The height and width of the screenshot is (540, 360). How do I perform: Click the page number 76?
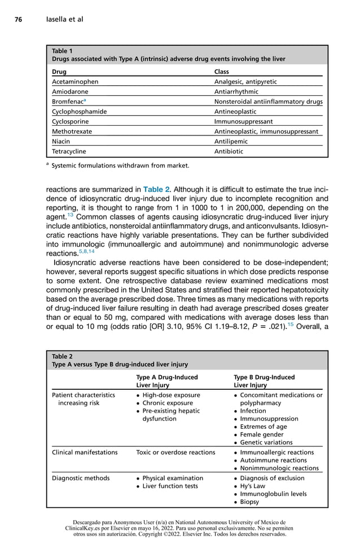click(18, 20)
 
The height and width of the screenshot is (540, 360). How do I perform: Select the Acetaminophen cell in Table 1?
click(75, 82)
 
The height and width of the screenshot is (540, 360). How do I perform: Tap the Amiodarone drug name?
click(71, 91)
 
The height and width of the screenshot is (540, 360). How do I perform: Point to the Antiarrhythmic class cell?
click(236, 91)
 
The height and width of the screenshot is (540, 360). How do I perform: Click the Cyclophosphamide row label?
click(79, 112)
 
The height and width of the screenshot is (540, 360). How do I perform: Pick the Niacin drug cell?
click(61, 141)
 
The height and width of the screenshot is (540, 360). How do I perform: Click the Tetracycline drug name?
click(69, 151)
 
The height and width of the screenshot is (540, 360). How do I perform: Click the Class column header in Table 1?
click(222, 72)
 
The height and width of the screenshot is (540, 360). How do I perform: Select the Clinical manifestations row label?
click(85, 452)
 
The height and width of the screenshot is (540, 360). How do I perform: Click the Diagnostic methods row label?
click(81, 478)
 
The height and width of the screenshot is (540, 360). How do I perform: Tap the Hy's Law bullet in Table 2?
click(253, 486)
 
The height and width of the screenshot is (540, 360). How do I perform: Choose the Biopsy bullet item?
click(249, 502)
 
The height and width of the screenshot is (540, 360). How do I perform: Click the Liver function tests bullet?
click(170, 486)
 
